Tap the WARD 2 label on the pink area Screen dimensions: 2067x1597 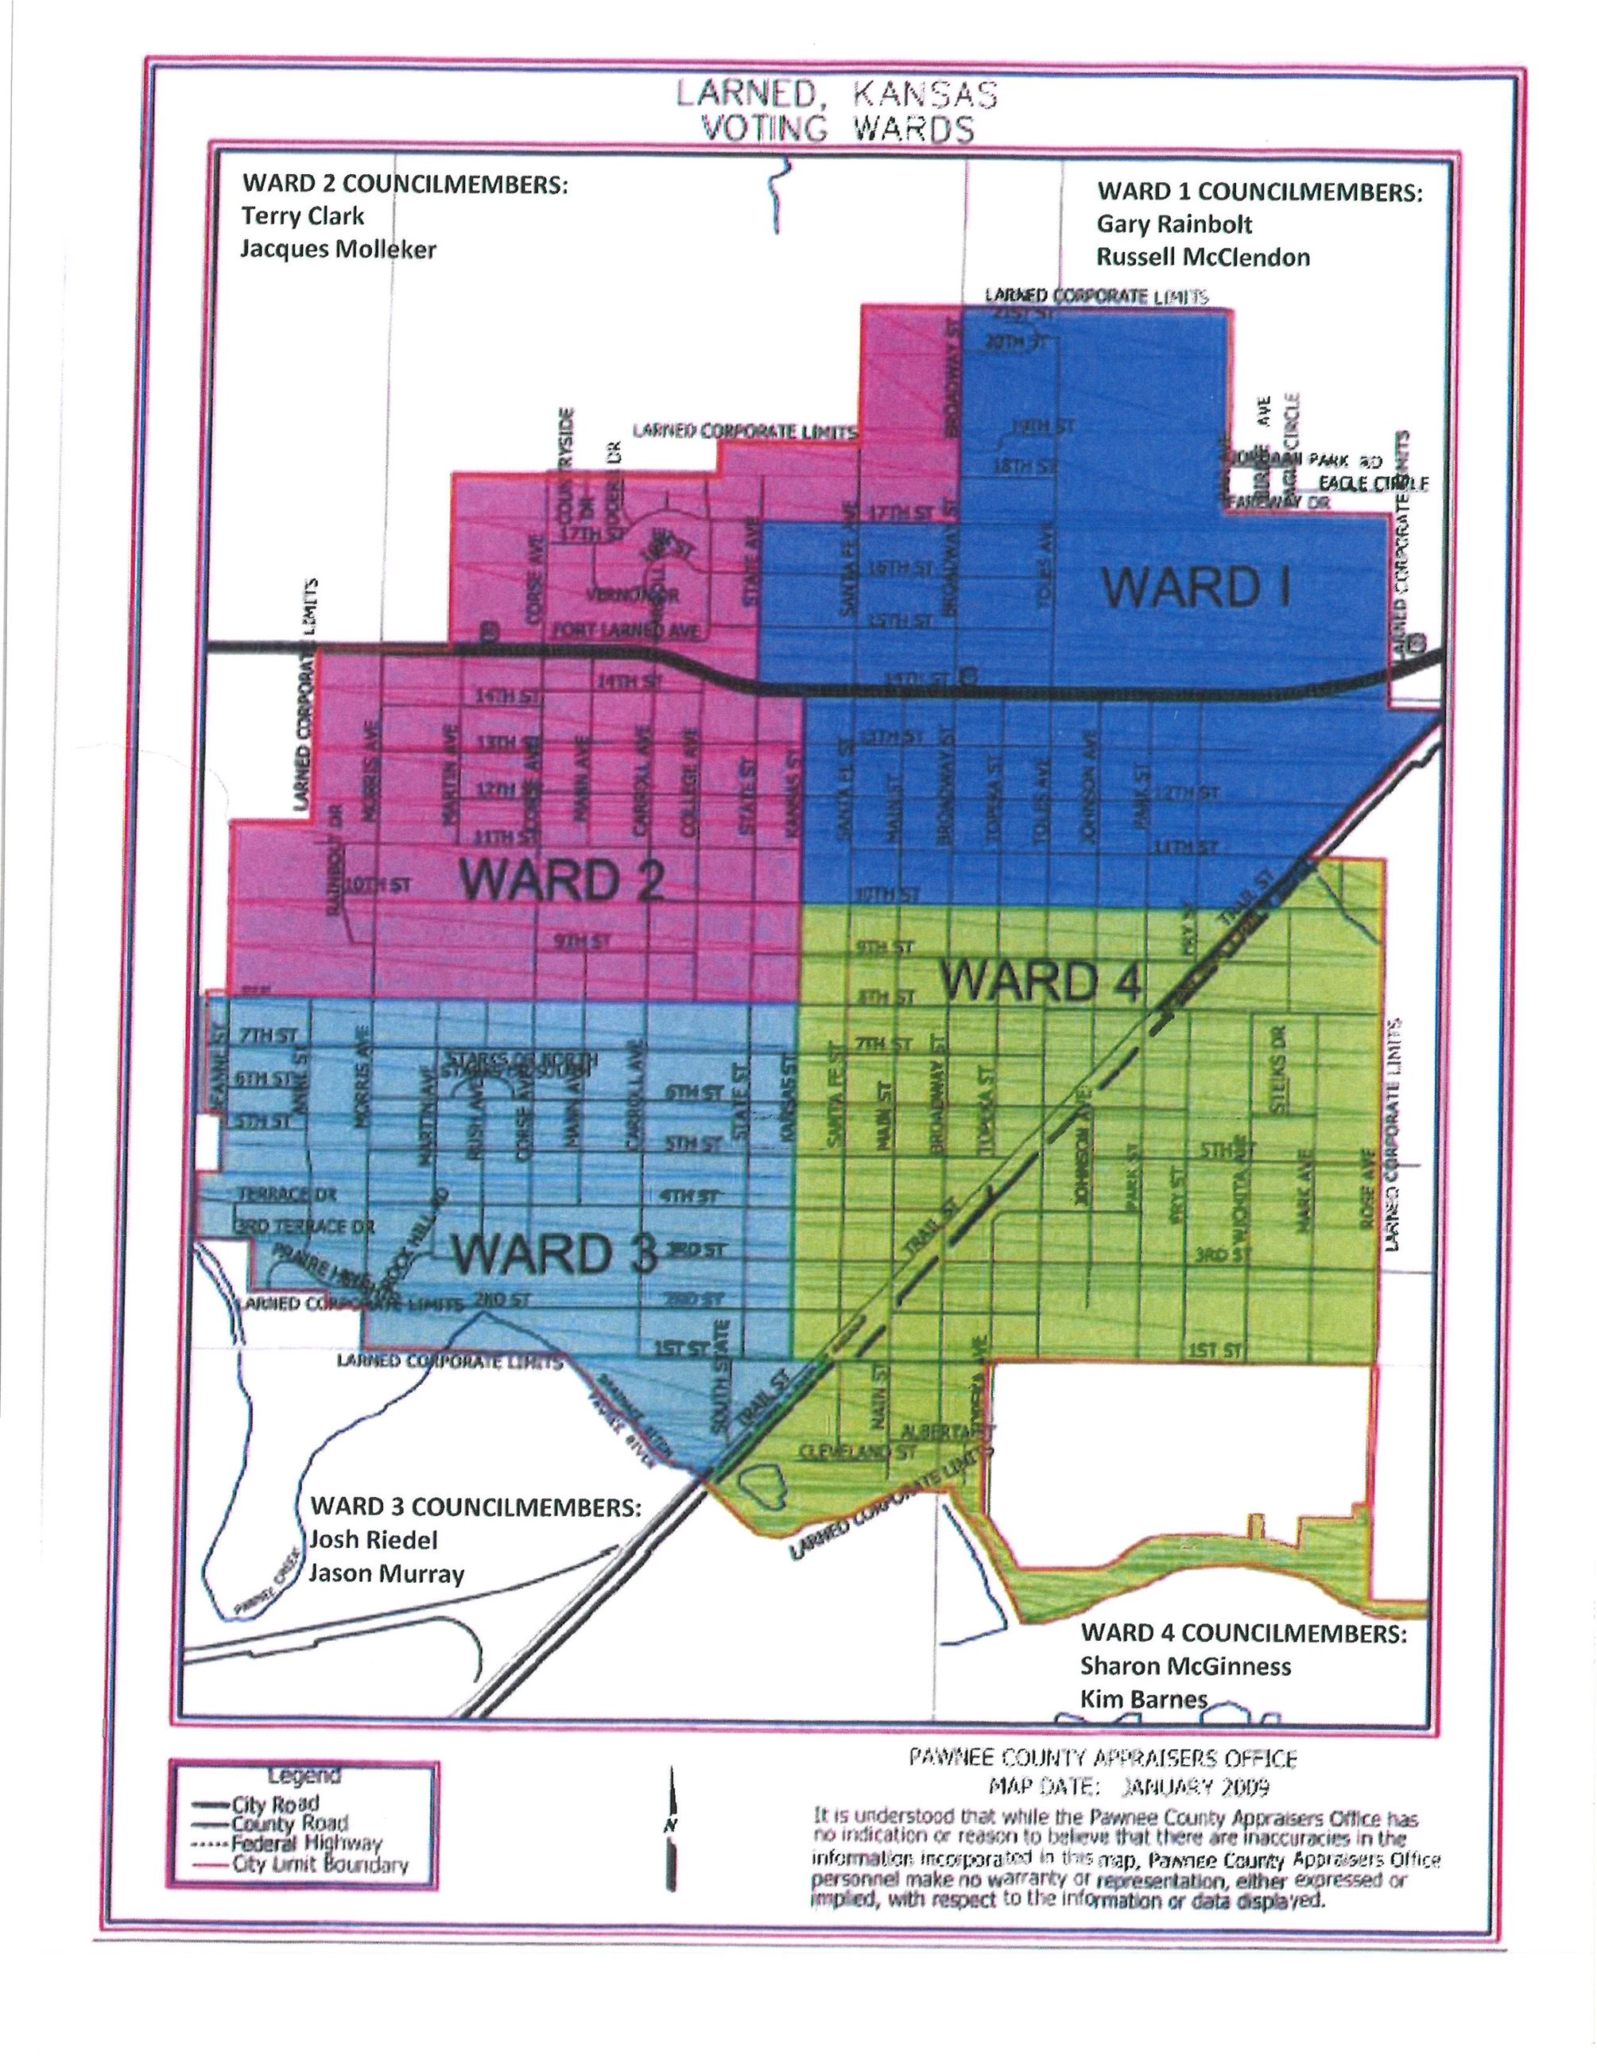click(x=561, y=880)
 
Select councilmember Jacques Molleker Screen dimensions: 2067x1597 click(x=338, y=250)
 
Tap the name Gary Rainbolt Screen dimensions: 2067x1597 click(x=1174, y=224)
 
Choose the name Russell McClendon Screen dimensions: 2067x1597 click(x=1203, y=258)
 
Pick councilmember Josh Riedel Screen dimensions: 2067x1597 click(x=374, y=1540)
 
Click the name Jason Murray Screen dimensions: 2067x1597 click(x=387, y=1574)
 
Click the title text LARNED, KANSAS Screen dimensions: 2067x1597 click(x=836, y=95)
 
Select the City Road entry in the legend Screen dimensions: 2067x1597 click(x=275, y=1803)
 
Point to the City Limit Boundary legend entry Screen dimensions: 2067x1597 click(x=319, y=1864)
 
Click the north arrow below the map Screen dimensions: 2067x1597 click(x=672, y=1829)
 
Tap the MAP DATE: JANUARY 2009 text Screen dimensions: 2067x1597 click(x=1128, y=1787)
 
